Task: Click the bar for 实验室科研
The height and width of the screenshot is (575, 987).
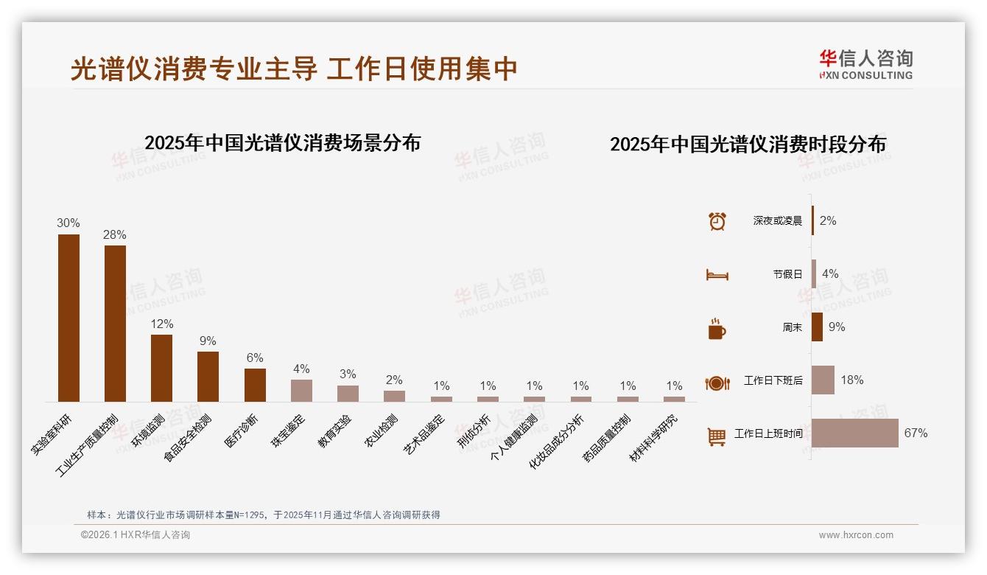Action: coord(69,318)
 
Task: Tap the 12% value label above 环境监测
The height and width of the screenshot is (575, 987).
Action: coord(162,324)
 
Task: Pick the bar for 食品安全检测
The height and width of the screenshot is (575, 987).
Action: coord(208,376)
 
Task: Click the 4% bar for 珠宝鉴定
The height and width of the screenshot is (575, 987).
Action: coord(301,390)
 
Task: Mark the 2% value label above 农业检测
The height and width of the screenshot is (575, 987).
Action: coord(394,380)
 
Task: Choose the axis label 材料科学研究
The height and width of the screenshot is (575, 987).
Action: coord(655,438)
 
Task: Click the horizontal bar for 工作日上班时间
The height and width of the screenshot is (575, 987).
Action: coord(854,433)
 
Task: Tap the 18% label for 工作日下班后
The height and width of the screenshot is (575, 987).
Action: coord(852,380)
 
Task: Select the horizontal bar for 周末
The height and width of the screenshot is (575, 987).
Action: coord(817,327)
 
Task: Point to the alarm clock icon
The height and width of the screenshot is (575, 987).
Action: coord(717,221)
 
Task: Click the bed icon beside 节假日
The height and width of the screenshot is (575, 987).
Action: coord(717,274)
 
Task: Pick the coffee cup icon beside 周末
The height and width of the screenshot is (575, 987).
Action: coord(717,328)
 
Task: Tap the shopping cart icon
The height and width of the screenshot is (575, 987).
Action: coord(717,436)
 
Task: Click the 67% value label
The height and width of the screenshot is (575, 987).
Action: coord(916,433)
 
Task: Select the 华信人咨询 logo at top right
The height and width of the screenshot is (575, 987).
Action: coord(865,64)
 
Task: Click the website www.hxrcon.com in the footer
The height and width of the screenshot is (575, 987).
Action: coord(856,535)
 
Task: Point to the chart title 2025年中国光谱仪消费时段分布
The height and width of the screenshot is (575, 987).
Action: coord(748,144)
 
